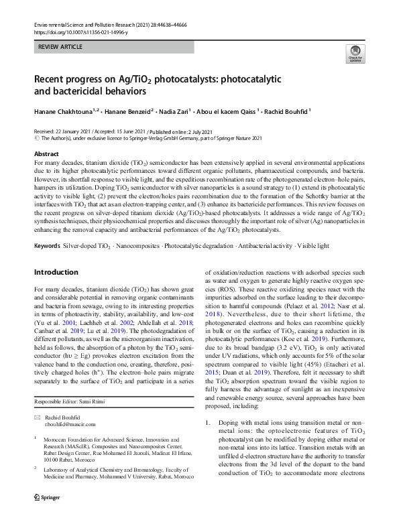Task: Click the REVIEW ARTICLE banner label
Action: pyautogui.click(x=61, y=47)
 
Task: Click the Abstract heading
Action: pyautogui.click(x=46, y=154)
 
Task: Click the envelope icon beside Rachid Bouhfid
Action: pyautogui.click(x=38, y=417)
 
